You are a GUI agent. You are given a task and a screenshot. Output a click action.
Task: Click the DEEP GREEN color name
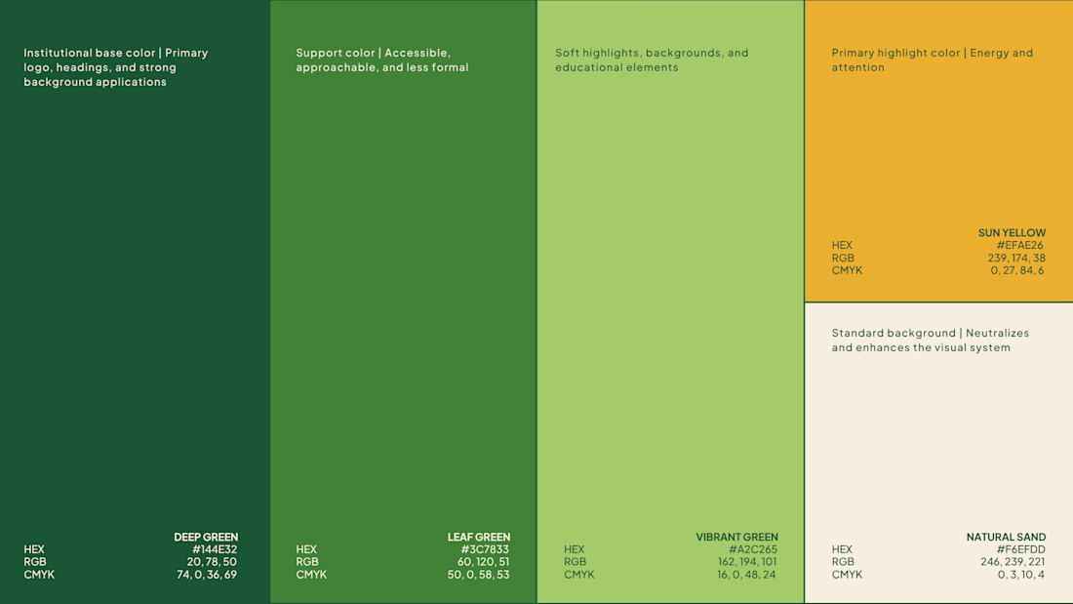coord(206,537)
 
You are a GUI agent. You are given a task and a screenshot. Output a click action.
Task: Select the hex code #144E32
coord(215,549)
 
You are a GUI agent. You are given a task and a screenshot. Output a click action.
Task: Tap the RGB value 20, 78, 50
coord(212,561)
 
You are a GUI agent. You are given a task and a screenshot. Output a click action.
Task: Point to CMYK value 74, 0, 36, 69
coord(207,575)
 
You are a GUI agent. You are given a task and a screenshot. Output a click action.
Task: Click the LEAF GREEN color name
coord(479,537)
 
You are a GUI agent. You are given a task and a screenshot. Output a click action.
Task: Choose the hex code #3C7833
coord(485,549)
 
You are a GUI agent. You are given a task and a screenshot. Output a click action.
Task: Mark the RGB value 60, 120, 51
coord(483,561)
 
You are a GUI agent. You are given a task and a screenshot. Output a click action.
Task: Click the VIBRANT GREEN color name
coord(737,537)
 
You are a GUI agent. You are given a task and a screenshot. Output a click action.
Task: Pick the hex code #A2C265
coord(753,549)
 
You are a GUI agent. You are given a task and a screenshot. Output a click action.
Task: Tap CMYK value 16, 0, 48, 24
coord(746,575)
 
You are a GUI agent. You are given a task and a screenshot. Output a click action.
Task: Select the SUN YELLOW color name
coord(1013,233)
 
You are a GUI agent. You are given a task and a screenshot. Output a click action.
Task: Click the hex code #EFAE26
coord(1020,245)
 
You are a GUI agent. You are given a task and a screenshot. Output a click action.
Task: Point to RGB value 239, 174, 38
coord(1016,259)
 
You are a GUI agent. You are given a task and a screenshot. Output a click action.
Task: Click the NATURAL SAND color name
coord(1006,537)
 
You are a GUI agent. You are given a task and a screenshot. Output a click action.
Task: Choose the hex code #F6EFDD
coord(1021,549)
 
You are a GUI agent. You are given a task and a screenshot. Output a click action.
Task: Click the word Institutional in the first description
coord(59,53)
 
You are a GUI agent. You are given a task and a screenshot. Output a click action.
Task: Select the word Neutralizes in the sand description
coord(999,333)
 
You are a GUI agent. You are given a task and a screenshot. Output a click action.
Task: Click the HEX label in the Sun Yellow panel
coord(842,245)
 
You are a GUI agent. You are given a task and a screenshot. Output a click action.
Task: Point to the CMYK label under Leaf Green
coord(311,575)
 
